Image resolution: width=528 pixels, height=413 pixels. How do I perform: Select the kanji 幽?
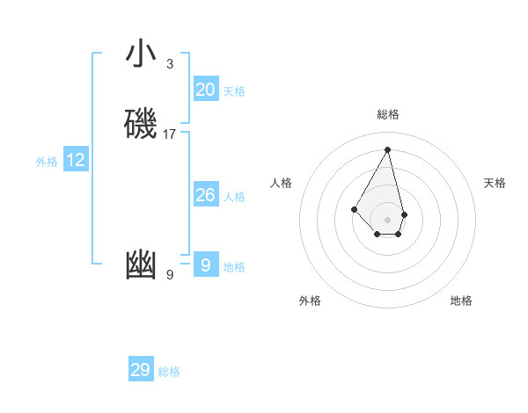[141, 265]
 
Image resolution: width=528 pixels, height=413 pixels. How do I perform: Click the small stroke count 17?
[170, 134]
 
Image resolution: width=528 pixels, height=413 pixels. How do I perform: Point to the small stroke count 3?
[170, 64]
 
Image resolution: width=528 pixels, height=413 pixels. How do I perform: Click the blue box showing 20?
[206, 90]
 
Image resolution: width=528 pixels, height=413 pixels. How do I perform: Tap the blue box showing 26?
[206, 195]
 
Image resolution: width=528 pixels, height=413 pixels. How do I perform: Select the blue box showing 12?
[76, 160]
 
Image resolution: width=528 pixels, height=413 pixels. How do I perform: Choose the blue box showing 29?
[141, 370]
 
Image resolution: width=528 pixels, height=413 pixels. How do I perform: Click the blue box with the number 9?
[206, 265]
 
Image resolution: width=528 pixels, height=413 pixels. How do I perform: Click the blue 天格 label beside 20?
[234, 91]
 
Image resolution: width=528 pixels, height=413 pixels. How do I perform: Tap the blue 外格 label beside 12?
[47, 162]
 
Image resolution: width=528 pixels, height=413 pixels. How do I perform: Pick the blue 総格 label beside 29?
[169, 372]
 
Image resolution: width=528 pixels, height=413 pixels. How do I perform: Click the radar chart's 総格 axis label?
[388, 114]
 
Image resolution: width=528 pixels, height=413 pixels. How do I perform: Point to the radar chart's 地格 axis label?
[461, 301]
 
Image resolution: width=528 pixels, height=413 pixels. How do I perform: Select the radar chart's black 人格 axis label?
[282, 183]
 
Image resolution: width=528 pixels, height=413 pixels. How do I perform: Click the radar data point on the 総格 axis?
[388, 149]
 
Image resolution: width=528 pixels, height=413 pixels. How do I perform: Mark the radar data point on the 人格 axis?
[354, 208]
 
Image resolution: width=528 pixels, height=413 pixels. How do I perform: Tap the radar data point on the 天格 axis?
[404, 214]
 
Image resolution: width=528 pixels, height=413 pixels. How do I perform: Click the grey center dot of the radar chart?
[388, 219]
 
